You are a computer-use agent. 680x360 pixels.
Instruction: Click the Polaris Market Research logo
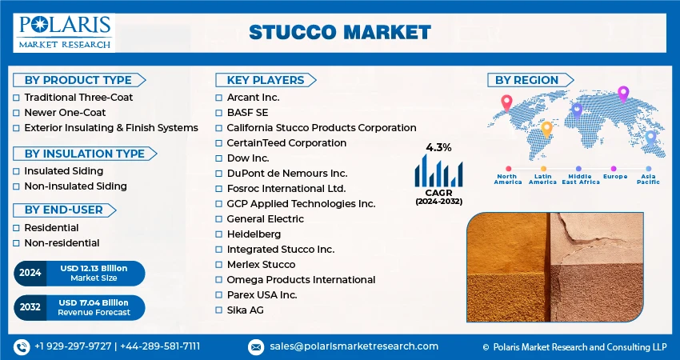(x=63, y=32)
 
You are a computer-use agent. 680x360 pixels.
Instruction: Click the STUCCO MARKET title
(x=339, y=32)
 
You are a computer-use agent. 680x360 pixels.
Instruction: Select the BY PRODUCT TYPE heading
(x=78, y=80)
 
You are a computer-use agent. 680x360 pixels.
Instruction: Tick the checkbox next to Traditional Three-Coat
(x=17, y=98)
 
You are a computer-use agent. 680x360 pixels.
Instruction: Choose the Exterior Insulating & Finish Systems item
(x=110, y=128)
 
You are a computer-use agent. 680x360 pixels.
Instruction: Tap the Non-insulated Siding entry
(x=75, y=186)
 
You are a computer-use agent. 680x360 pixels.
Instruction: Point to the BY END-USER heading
(x=64, y=210)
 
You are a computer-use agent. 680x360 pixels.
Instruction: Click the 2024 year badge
(x=30, y=273)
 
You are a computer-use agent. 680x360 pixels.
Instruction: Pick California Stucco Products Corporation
(x=321, y=128)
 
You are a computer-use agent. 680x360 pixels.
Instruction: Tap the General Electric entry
(x=265, y=218)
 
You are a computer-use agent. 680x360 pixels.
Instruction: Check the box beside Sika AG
(x=219, y=310)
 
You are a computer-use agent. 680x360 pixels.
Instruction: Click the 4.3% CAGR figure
(x=438, y=147)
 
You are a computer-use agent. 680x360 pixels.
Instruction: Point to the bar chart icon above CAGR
(x=438, y=170)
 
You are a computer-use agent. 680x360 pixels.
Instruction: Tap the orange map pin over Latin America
(x=546, y=128)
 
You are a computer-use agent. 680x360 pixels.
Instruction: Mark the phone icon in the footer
(x=21, y=346)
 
